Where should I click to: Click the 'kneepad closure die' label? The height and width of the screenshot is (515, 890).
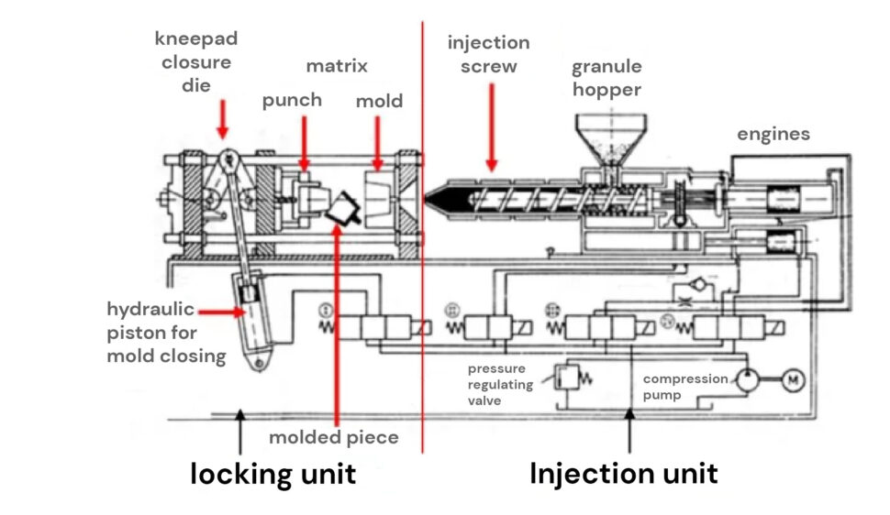(196, 62)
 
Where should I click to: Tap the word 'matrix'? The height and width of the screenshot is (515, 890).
(336, 66)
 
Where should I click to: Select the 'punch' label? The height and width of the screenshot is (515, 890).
(292, 100)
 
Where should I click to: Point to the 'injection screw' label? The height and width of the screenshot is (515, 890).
(488, 54)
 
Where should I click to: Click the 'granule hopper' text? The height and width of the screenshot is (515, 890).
(606, 78)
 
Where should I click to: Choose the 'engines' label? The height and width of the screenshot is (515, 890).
(773, 134)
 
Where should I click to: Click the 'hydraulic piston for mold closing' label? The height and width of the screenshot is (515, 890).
(166, 333)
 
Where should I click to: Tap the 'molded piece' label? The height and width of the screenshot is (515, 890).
(333, 437)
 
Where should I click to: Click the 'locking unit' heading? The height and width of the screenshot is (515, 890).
(273, 474)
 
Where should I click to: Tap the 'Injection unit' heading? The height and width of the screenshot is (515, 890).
(624, 474)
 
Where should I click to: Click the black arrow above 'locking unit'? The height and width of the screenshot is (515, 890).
(240, 431)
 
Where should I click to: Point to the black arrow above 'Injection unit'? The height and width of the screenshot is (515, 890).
(629, 431)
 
